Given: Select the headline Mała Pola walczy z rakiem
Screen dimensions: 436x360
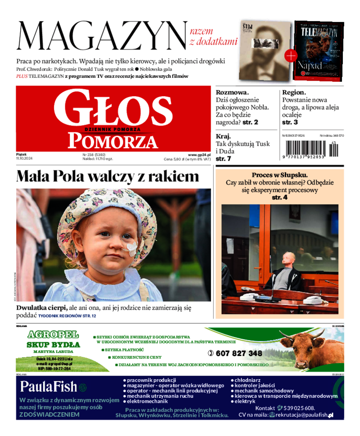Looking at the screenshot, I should coord(108,176).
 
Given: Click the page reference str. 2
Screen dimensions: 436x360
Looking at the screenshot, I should coord(249,122).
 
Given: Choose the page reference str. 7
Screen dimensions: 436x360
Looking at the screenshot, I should coord(223,158).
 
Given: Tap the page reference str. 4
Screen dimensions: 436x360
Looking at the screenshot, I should coord(279,197).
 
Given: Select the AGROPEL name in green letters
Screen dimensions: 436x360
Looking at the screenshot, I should coord(53,335).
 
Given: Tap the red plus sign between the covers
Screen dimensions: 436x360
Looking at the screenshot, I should coord(291,56).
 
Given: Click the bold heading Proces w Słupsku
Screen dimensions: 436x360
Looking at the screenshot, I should coord(279,175).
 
